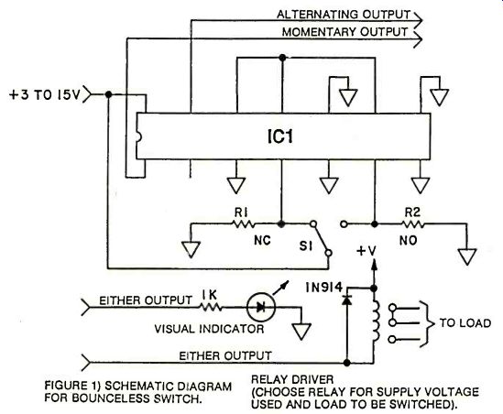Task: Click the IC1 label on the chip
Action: tap(280, 136)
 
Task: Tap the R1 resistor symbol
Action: tap(244, 223)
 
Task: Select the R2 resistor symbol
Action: tap(413, 224)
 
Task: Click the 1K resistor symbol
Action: tap(211, 308)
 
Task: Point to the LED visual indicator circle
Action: tap(261, 307)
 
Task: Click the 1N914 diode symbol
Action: tap(346, 300)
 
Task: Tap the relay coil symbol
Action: tap(376, 321)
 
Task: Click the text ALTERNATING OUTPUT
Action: tap(344, 15)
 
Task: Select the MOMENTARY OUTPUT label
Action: tap(344, 32)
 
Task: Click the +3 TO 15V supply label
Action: tap(44, 95)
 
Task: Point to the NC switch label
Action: tap(262, 241)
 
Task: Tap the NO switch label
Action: tap(408, 241)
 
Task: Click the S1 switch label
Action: tap(305, 246)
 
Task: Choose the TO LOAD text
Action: tap(465, 323)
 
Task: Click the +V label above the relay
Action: tap(366, 251)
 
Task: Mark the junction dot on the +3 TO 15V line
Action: tap(109, 94)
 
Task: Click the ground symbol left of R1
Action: tap(191, 250)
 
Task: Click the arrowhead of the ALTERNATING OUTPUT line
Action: tap(418, 20)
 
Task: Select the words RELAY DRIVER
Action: tap(292, 380)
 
